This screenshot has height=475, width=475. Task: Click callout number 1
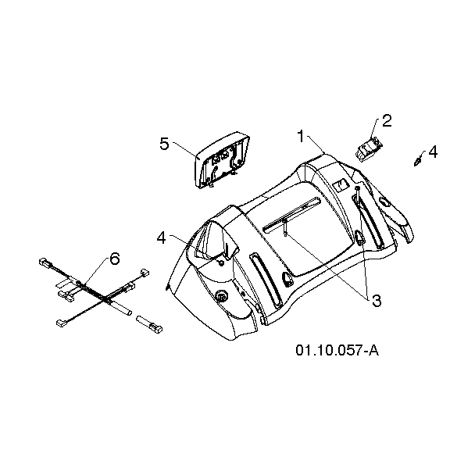[301, 136]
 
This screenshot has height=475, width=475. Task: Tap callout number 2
[387, 120]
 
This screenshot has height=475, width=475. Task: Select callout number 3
[377, 301]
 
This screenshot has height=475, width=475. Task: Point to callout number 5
[164, 144]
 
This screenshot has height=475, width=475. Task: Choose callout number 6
[115, 259]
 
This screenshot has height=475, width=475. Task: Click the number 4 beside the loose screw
[433, 152]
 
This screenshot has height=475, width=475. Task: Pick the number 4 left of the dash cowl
[162, 237]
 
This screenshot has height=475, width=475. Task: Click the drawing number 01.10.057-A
[337, 351]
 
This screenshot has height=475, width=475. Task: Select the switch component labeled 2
[369, 149]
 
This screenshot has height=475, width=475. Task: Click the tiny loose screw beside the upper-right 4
[417, 161]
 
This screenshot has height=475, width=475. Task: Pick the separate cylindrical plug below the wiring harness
[149, 324]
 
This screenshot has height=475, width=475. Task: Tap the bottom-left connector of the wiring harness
[61, 323]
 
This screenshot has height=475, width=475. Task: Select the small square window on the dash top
[340, 185]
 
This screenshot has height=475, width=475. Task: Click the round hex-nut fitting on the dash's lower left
[221, 297]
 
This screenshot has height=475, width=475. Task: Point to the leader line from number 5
[184, 149]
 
